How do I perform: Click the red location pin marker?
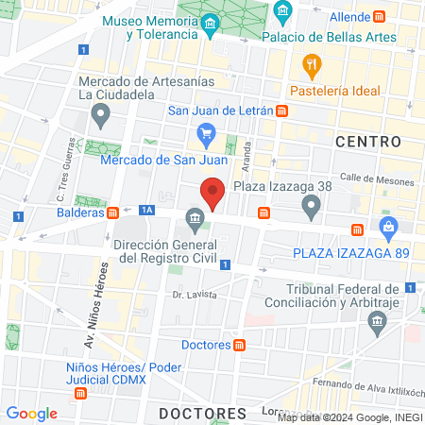[213, 195]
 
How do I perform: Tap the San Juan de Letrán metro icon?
[282, 110]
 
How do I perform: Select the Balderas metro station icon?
[113, 212]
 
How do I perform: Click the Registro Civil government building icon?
[195, 221]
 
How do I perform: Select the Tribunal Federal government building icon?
[378, 323]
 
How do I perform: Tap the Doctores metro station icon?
[240, 345]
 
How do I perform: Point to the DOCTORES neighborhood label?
[202, 414]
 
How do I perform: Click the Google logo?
[32, 414]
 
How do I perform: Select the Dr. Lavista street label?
[195, 295]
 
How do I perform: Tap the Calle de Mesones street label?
[376, 178]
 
